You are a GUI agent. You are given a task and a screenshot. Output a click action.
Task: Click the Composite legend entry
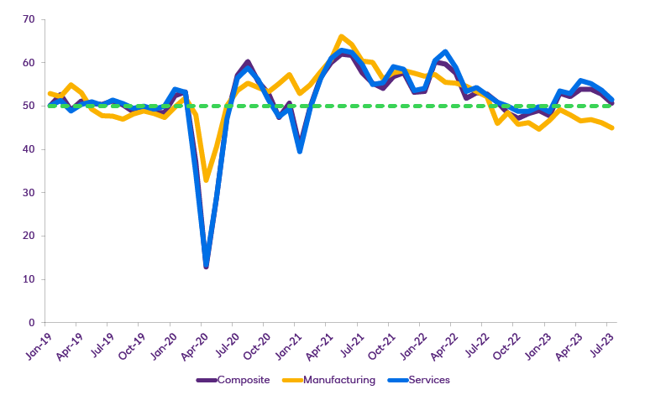pos(243,380)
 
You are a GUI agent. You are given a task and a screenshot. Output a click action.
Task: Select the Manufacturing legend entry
pos(339,380)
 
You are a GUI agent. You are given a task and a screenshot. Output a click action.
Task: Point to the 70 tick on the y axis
pos(29,19)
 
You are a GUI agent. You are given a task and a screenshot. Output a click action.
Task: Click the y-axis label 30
pos(29,192)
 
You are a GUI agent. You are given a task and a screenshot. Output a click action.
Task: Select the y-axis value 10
pos(29,279)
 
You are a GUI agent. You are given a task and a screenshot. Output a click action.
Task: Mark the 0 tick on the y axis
pos(31,323)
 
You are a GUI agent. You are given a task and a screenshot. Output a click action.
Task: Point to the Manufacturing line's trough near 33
pos(207,179)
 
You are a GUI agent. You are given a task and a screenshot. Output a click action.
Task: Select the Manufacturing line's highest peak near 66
pos(341,37)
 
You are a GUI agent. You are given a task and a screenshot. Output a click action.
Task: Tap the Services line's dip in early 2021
pos(300,151)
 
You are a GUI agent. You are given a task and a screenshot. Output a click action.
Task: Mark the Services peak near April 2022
pos(445,52)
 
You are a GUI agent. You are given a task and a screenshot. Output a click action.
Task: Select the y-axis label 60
pos(29,63)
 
